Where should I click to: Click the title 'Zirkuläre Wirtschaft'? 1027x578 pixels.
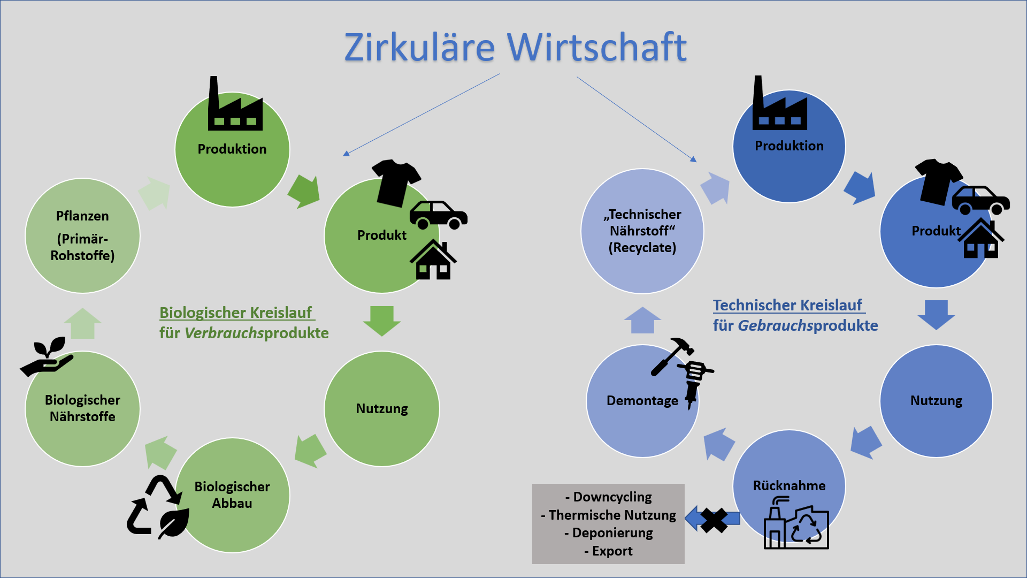pos(515,47)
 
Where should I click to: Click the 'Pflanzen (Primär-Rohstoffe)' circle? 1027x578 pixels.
pos(82,235)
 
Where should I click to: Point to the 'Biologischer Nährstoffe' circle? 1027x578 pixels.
pos(82,408)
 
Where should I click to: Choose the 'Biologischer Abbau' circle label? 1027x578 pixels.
pos(232,495)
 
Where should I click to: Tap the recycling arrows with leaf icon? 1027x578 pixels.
pos(158,506)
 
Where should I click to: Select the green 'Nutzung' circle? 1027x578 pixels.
pos(382,408)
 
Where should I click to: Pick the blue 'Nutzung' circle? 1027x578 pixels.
pos(936,400)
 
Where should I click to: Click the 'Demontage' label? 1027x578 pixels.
pos(642,400)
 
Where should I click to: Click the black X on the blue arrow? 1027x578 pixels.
pos(714,520)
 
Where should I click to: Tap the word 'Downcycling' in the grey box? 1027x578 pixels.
pos(612,497)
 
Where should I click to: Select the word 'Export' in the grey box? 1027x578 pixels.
pos(612,551)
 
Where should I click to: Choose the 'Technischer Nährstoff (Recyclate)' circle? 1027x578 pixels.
pos(642,231)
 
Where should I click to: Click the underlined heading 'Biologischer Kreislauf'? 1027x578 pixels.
pos(236,313)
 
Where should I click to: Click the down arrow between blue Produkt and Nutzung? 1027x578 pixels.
pos(936,315)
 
